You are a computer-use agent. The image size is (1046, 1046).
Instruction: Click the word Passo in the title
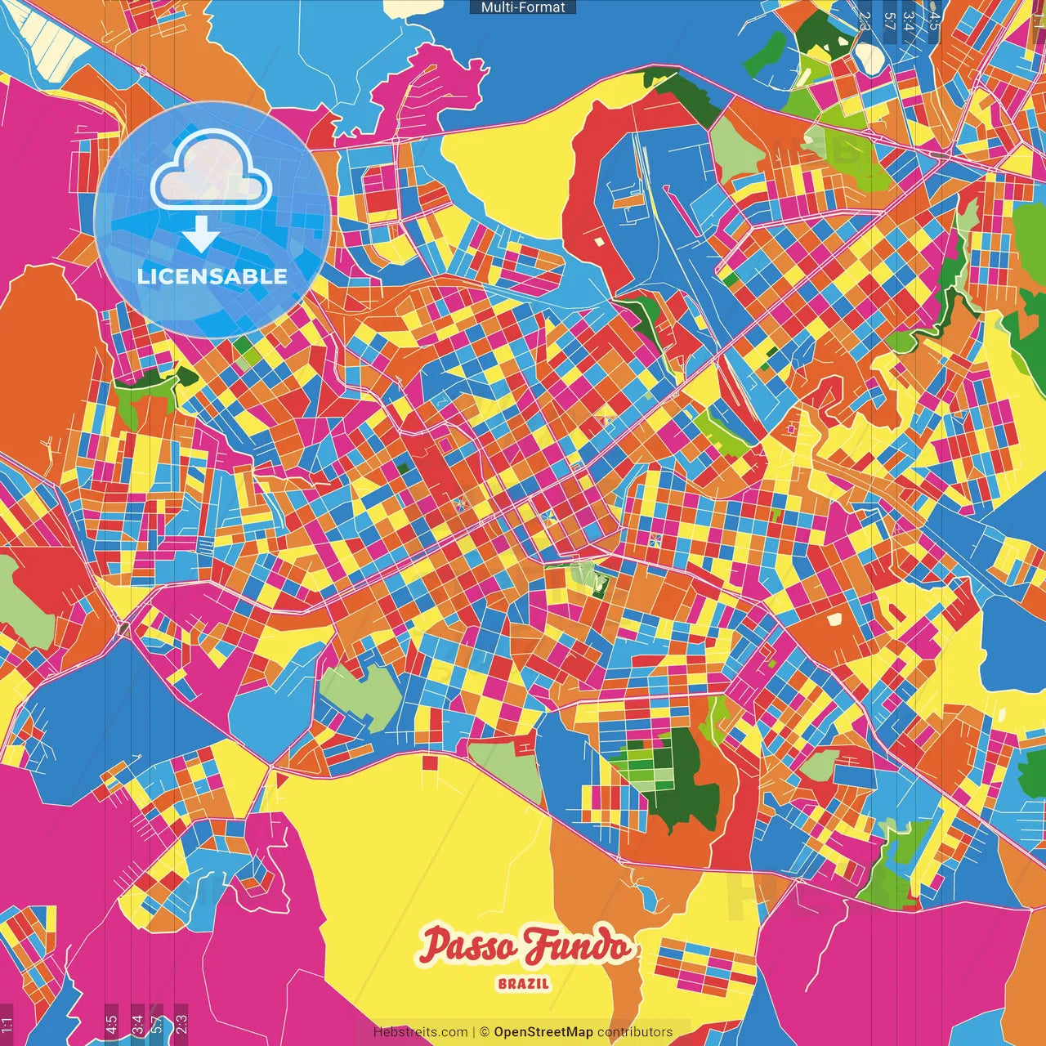469,946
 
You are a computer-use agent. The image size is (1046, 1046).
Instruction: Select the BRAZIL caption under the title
524,984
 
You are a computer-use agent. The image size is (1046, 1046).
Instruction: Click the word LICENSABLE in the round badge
212,276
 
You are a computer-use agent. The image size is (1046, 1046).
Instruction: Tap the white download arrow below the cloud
200,235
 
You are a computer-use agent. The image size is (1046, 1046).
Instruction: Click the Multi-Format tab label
523,7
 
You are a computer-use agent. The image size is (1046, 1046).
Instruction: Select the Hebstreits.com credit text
420,1032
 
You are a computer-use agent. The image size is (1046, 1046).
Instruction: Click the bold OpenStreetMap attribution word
543,1032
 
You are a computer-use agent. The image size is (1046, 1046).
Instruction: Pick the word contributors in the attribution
635,1032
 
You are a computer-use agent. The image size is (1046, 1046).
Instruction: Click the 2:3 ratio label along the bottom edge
181,1024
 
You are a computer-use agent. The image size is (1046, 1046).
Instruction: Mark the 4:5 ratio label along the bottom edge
111,1024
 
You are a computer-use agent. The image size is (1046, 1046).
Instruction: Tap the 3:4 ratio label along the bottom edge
136,1024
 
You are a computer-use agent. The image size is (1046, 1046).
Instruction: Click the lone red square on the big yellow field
430,762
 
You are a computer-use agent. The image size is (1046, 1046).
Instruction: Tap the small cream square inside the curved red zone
599,241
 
